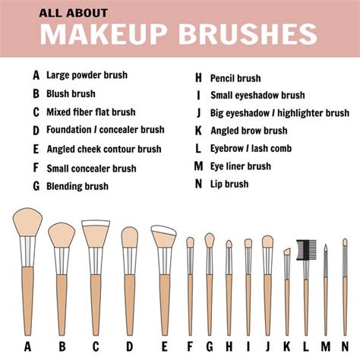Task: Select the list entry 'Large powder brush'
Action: pos(87,75)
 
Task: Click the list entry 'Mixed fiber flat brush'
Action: pos(91,112)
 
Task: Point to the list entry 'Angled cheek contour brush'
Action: pos(103,149)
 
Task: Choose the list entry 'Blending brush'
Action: pos(77,186)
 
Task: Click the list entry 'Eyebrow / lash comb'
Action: pos(251,149)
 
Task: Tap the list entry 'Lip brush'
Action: pos(229,184)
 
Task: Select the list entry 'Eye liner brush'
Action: pos(240,166)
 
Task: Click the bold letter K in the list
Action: pos(198,131)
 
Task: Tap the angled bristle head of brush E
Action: pos(163,236)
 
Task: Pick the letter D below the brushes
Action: pos(129,347)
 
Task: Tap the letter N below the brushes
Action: pos(345,347)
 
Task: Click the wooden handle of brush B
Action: pos(62,304)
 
